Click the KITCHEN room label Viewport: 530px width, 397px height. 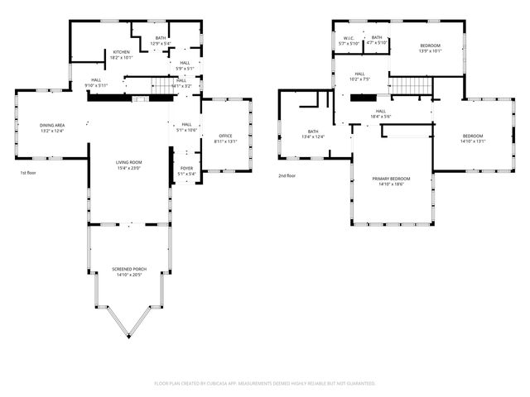click(122, 52)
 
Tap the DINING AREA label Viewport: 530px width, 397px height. click(52, 126)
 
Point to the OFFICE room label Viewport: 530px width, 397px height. click(225, 136)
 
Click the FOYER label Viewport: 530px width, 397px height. click(186, 169)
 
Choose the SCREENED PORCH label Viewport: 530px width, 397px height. click(128, 270)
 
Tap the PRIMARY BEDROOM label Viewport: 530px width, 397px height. click(392, 179)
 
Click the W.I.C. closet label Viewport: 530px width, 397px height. click(349, 38)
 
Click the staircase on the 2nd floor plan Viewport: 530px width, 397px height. click(407, 85)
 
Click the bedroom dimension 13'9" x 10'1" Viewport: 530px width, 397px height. click(430, 51)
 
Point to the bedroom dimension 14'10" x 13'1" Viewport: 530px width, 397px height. click(473, 141)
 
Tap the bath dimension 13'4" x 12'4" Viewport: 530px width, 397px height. click(313, 136)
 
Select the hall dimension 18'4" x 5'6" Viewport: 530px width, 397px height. click(381, 117)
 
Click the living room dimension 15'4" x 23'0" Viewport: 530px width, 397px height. click(128, 168)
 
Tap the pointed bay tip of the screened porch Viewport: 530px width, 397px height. click(128, 337)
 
